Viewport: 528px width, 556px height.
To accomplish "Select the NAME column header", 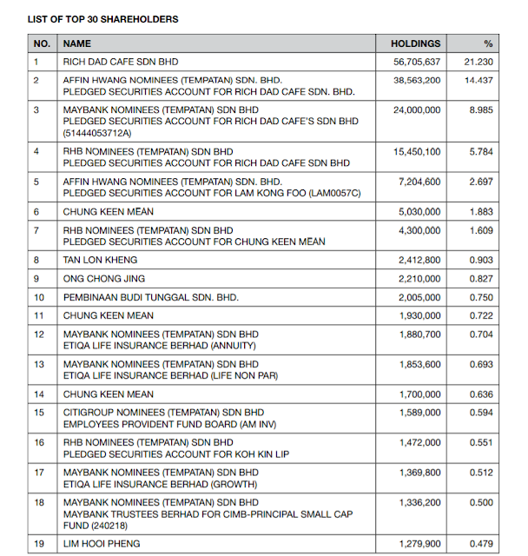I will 77,43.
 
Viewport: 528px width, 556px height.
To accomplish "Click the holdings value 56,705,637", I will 416,63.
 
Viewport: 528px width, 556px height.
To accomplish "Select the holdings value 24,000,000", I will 416,110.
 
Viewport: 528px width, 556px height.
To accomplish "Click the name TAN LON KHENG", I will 100,260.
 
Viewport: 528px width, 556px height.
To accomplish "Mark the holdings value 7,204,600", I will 419,183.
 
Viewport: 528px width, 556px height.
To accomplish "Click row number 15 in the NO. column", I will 38,412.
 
